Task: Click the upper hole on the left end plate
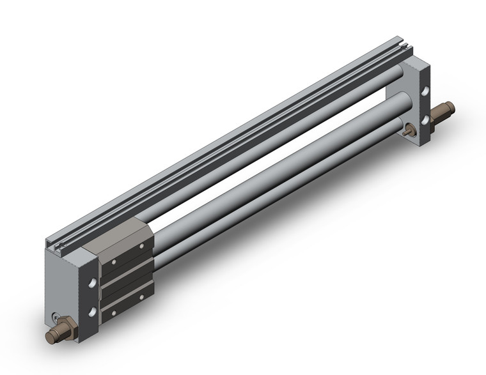click(x=94, y=282)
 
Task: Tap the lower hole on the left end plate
click(x=93, y=311)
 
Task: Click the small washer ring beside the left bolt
click(x=58, y=318)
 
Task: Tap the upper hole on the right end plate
click(x=425, y=91)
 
